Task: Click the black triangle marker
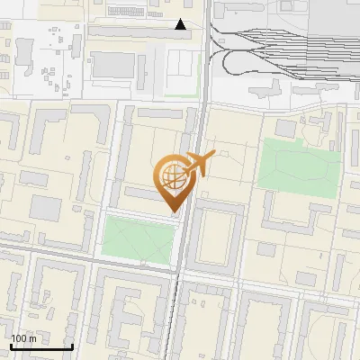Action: click(181, 24)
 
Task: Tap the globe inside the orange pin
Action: click(171, 175)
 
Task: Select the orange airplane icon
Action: click(201, 165)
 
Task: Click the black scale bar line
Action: click(40, 346)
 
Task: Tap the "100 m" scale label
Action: click(24, 338)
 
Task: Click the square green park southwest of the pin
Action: click(138, 239)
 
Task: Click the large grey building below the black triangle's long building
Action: click(113, 65)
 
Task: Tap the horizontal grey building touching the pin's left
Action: click(144, 193)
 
